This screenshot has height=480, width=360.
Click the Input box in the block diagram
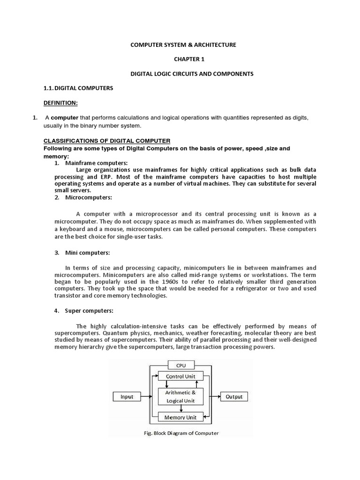pos(127,397)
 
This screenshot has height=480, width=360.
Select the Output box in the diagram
pos(234,397)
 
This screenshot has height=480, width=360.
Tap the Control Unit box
pos(180,376)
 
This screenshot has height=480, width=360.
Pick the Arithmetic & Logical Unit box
pos(180,397)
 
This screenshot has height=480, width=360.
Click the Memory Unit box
pos(180,417)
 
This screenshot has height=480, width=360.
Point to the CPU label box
pos(180,364)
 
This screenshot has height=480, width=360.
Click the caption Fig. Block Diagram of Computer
pos(181,433)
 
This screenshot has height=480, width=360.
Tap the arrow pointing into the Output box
pos(213,397)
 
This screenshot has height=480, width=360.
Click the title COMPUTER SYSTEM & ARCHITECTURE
pos(183,45)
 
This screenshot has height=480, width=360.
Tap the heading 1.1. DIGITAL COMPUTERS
pos(78,88)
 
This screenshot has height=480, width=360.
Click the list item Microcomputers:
pos(88,197)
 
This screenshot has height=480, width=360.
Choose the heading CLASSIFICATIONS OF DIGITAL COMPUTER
pos(107,141)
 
